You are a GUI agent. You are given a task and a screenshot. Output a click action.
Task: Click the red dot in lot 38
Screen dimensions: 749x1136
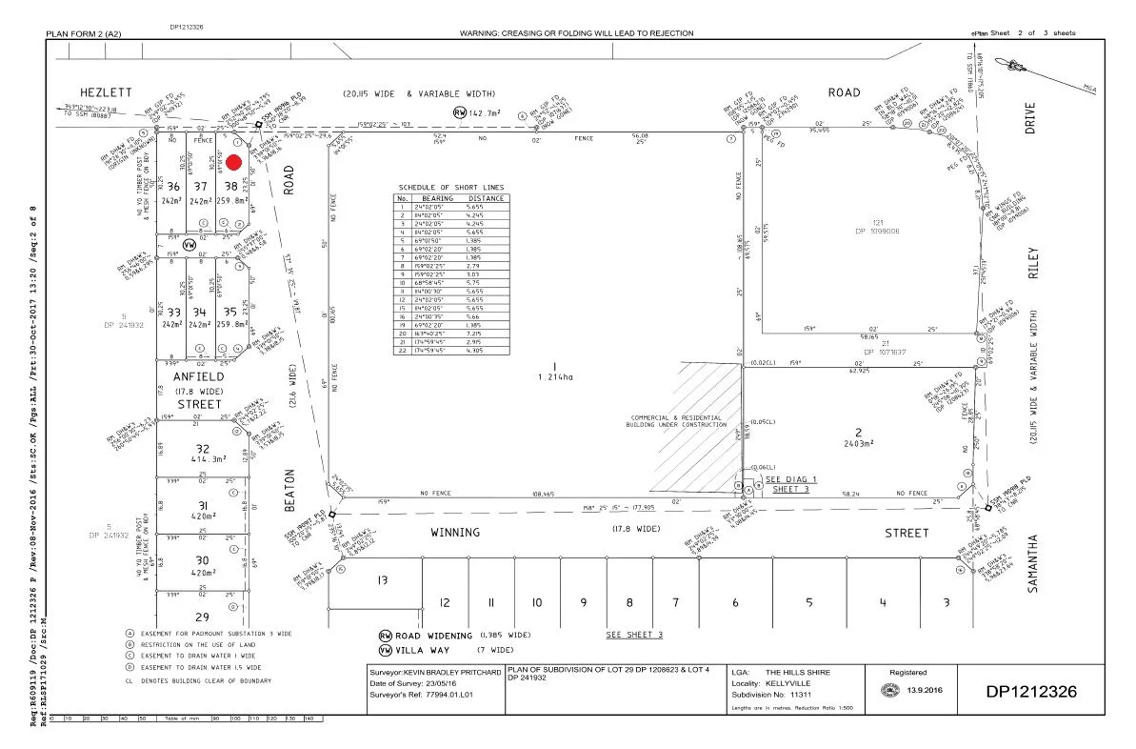pyautogui.click(x=233, y=163)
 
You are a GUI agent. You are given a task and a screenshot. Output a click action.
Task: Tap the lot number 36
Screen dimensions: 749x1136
pyautogui.click(x=173, y=187)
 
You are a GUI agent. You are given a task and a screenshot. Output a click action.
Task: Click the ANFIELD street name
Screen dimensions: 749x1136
pyautogui.click(x=198, y=376)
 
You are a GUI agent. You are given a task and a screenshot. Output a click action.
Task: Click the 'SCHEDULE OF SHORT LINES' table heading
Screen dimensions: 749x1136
pyautogui.click(x=452, y=186)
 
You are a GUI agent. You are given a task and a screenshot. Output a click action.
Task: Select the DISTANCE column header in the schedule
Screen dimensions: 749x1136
pyautogui.click(x=485, y=198)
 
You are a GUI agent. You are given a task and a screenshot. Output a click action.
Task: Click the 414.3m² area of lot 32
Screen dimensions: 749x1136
pyautogui.click(x=201, y=458)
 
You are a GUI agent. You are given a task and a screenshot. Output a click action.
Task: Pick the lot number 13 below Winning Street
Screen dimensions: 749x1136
pyautogui.click(x=382, y=579)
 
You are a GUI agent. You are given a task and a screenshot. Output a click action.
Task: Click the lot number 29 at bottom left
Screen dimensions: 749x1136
pyautogui.click(x=202, y=617)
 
